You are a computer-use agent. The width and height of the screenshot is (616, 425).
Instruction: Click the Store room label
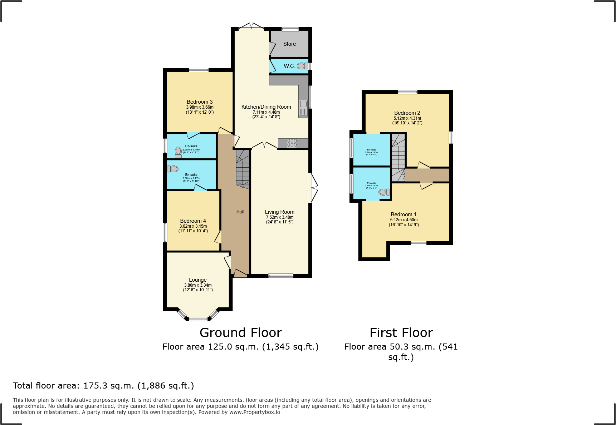[x=289, y=44]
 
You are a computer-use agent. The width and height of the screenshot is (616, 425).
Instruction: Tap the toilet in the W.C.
[x=302, y=66]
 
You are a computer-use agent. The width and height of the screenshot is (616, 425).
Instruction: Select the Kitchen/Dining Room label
[x=266, y=107]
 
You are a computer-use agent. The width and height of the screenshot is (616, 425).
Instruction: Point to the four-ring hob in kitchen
[x=292, y=143]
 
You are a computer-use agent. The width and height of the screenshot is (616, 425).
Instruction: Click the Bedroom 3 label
[x=200, y=102]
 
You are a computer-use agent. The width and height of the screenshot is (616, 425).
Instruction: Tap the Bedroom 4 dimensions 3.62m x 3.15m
[x=193, y=226]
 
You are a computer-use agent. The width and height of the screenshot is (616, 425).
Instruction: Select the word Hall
[x=240, y=212]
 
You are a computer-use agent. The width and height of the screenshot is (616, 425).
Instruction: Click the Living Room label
[x=280, y=212]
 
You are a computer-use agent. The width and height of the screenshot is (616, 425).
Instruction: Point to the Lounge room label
[x=198, y=280]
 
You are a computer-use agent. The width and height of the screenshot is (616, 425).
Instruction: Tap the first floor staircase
[x=398, y=157]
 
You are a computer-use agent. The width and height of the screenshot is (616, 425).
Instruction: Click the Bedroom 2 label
[x=407, y=113]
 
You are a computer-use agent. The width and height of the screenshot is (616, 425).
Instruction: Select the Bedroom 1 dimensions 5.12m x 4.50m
[x=404, y=220]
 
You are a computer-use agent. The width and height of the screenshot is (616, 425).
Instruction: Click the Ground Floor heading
[x=241, y=333]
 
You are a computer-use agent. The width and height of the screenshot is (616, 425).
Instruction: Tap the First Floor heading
[x=401, y=333]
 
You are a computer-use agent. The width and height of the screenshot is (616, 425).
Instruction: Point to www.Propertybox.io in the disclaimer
[x=255, y=412]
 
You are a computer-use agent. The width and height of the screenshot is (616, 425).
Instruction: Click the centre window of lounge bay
[x=198, y=319]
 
